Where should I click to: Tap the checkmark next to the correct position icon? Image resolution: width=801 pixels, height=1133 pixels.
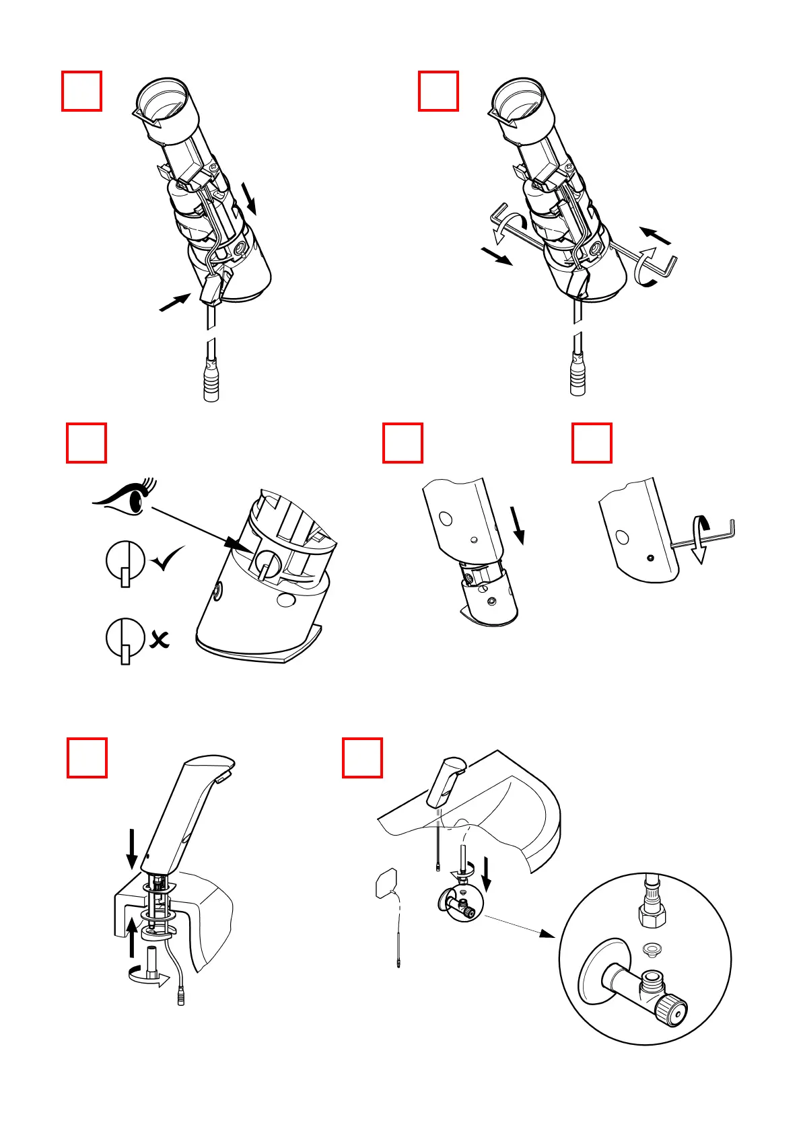tap(167, 558)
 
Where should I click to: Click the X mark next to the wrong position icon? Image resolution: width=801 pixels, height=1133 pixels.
tap(160, 639)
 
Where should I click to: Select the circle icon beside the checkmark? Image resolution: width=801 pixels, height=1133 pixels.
tap(125, 560)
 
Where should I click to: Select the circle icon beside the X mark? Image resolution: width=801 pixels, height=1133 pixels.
tap(125, 638)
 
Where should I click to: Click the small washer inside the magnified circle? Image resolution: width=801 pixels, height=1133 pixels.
tap(651, 949)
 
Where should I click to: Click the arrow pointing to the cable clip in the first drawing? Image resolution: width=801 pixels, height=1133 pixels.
tap(174, 302)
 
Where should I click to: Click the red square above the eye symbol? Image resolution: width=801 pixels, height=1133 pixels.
tap(86, 443)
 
